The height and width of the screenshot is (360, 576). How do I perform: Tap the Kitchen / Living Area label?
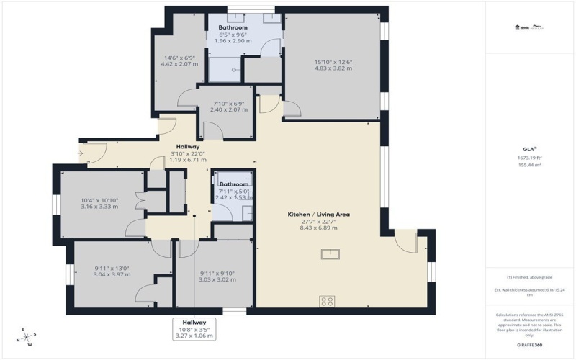coord(308,215)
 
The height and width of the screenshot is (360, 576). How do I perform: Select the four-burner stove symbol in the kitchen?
coord(327,302)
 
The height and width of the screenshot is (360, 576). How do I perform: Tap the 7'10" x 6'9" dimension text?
coord(227,104)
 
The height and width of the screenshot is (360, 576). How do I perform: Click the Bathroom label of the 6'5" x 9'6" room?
coord(233,27)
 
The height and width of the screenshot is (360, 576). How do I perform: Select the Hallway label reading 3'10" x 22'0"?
coord(186,147)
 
